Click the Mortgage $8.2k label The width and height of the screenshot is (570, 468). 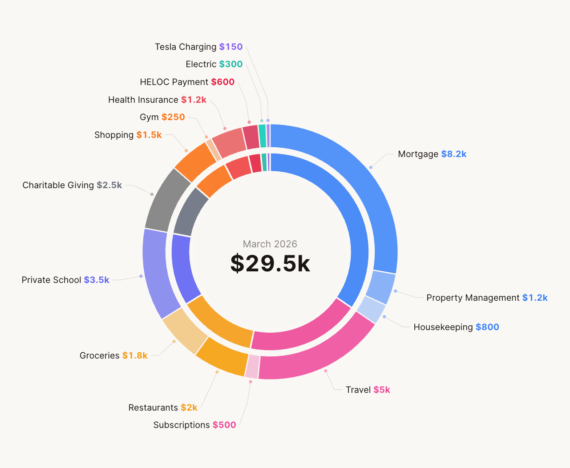(x=432, y=154)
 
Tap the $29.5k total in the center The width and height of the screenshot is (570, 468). (x=270, y=263)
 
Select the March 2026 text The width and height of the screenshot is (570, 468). (x=270, y=244)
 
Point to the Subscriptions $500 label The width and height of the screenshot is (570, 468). (x=194, y=425)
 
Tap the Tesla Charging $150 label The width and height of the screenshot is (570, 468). (x=198, y=47)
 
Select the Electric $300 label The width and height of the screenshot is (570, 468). (x=214, y=64)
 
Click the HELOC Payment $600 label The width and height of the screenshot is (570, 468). (x=187, y=82)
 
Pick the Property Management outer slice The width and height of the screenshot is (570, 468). (x=380, y=287)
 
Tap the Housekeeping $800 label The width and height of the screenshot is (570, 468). (x=456, y=327)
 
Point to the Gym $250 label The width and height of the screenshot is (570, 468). (x=162, y=117)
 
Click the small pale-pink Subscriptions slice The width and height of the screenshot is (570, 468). (x=252, y=366)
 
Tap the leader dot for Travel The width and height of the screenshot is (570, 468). (x=326, y=371)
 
